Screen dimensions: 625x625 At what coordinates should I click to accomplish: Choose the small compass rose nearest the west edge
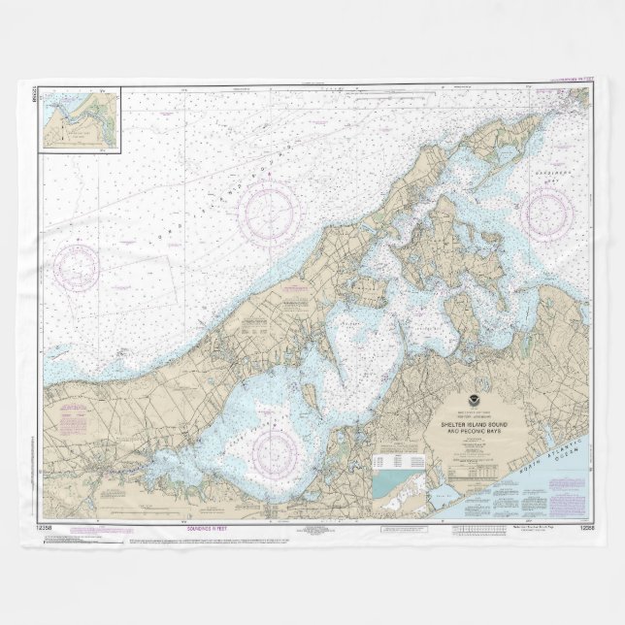(x=78, y=267)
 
